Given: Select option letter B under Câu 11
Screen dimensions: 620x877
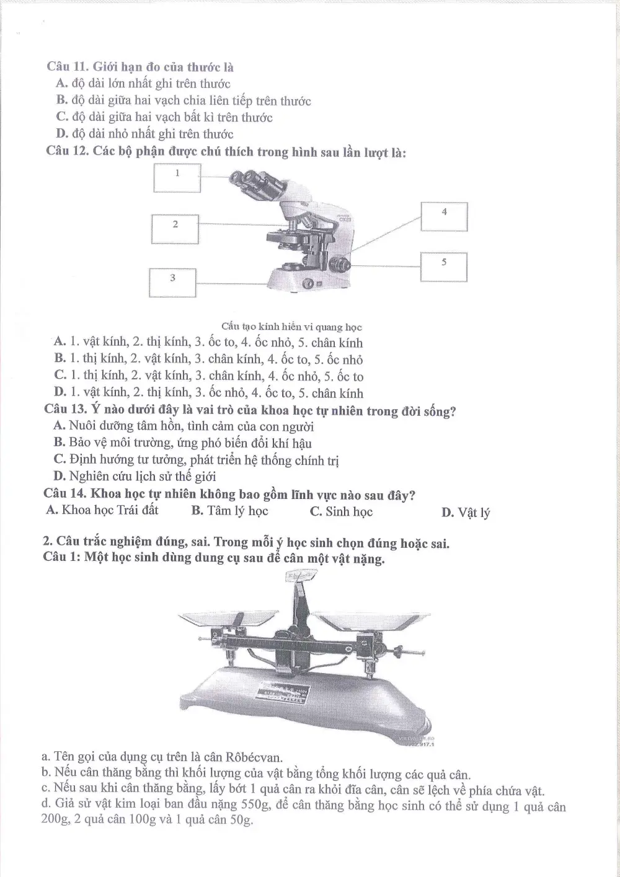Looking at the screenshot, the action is pyautogui.click(x=61, y=100).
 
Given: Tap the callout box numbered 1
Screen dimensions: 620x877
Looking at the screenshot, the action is pyautogui.click(x=177, y=178).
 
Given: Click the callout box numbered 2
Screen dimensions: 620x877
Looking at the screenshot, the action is pyautogui.click(x=175, y=229).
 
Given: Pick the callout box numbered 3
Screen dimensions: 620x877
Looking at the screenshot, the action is pyautogui.click(x=172, y=283).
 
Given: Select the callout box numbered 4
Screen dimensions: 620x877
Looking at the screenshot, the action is pyautogui.click(x=444, y=216).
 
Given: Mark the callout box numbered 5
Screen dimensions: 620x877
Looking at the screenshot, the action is pyautogui.click(x=444, y=267).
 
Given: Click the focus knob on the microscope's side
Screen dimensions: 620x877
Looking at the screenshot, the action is pyautogui.click(x=339, y=265).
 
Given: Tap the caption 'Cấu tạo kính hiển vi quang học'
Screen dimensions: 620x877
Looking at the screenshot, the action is pyautogui.click(x=291, y=327).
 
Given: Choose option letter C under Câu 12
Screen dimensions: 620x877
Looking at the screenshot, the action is pyautogui.click(x=60, y=375).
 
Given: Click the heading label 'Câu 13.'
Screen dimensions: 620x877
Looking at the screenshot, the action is pyautogui.click(x=66, y=408).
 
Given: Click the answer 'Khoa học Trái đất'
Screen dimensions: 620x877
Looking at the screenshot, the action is pyautogui.click(x=110, y=509).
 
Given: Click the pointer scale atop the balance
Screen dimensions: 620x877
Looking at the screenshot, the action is pyautogui.click(x=301, y=576).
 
